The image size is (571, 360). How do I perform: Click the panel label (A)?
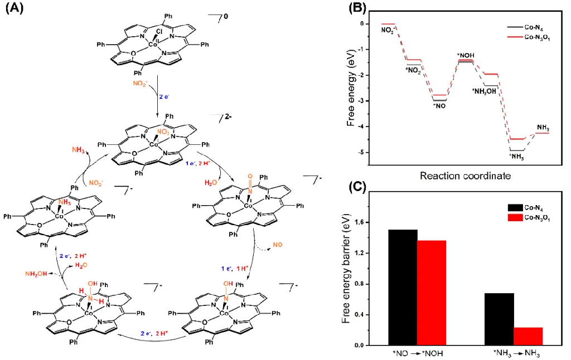coord(14,9)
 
